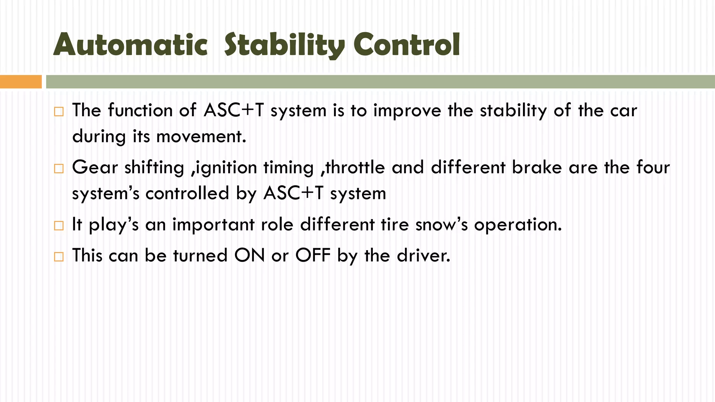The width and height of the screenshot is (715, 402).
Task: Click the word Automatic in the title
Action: coord(130,45)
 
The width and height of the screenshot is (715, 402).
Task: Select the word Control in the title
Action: coord(406,45)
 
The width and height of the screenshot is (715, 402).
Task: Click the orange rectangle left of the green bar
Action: coord(21,82)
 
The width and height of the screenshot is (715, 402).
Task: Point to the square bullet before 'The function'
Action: coord(59,112)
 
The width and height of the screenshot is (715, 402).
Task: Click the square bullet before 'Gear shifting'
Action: coord(59,169)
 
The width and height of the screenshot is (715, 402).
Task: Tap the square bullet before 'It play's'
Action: coord(59,226)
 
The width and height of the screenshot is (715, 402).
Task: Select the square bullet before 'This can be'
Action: coord(59,257)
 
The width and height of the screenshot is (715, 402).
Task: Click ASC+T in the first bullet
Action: coord(234,110)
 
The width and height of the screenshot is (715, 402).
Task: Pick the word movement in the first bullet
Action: coord(201,136)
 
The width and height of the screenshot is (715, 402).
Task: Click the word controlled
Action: coord(187,193)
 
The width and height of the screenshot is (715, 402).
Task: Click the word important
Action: coord(213,225)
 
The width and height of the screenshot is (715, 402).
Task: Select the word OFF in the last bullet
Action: coord(313,255)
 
